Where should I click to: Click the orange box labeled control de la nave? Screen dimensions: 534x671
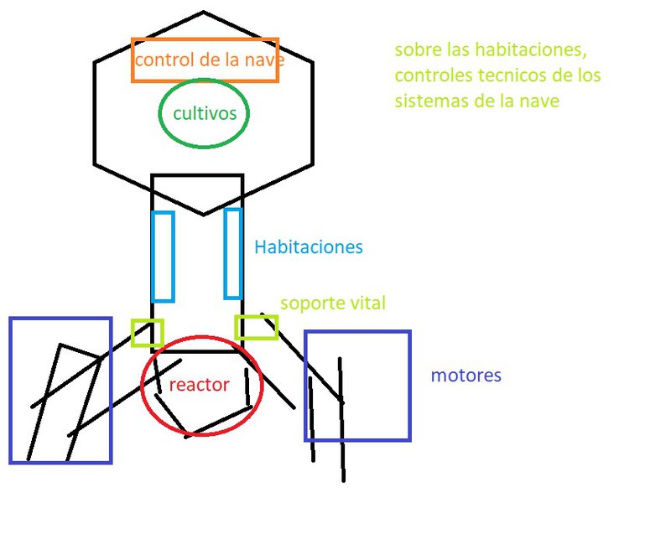(x=205, y=60)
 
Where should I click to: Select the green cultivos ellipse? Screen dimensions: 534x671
(x=204, y=113)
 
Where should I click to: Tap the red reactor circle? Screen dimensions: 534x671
(x=201, y=386)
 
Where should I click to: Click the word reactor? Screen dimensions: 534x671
(x=200, y=385)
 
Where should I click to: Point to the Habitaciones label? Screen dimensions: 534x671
(x=309, y=247)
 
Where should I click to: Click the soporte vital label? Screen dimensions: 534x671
(x=333, y=303)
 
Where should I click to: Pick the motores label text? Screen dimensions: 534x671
(x=466, y=375)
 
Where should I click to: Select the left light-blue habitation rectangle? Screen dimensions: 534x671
(x=164, y=257)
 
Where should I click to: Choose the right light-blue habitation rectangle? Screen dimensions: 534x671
(x=233, y=253)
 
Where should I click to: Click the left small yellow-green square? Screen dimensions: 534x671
(x=148, y=333)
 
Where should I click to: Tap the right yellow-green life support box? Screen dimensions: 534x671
(x=256, y=327)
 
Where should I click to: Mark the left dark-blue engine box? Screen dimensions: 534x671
(x=60, y=390)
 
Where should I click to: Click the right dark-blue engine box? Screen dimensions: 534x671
(x=357, y=386)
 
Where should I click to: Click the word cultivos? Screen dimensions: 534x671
(x=204, y=113)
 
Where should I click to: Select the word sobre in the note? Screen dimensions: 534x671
(x=418, y=50)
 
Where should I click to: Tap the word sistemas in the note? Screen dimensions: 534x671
(x=428, y=101)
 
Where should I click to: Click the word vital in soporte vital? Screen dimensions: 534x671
(x=366, y=303)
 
